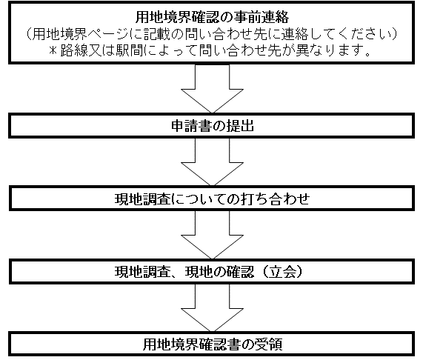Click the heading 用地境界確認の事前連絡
(x=212, y=17)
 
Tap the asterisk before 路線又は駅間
(x=53, y=50)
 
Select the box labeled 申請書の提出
(x=212, y=126)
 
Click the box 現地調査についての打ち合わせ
(x=212, y=199)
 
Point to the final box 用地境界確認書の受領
(x=212, y=344)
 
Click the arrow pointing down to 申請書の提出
(x=212, y=88)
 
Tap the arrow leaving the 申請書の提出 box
(x=212, y=161)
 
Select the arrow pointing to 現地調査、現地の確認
(x=212, y=235)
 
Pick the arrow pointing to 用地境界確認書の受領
(x=212, y=307)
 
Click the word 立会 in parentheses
(x=282, y=272)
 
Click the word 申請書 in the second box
(x=191, y=126)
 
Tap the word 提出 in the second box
(x=240, y=126)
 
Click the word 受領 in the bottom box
(x=269, y=344)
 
